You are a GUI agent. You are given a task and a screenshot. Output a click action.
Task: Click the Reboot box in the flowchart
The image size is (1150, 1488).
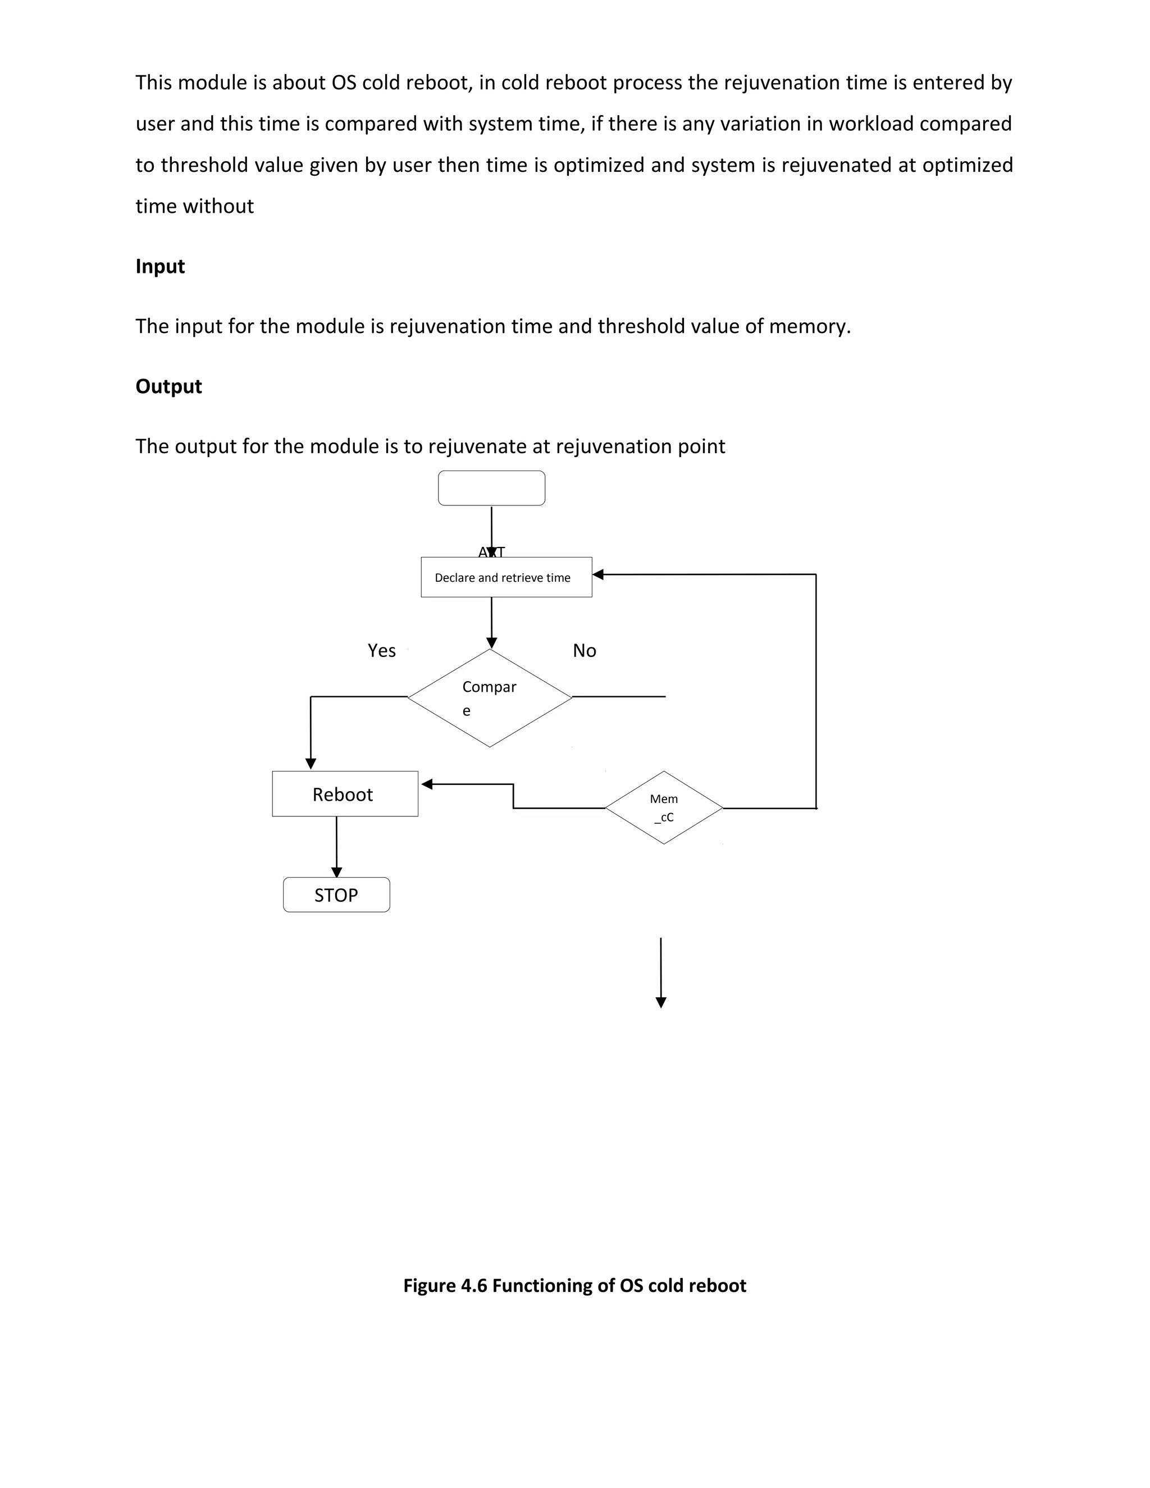(345, 794)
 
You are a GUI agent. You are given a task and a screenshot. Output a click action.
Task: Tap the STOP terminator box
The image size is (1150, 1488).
(336, 894)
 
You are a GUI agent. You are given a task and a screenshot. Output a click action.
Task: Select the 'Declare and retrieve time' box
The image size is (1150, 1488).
(506, 577)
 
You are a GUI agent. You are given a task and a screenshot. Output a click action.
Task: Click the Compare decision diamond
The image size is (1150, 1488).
(490, 697)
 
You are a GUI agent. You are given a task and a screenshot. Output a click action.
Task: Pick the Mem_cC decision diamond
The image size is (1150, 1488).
(664, 808)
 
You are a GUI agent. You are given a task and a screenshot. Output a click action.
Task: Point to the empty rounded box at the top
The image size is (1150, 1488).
(491, 488)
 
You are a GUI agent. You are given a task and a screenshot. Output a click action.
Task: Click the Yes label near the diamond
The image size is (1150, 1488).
(381, 651)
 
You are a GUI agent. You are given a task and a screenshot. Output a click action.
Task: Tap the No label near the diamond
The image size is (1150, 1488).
(585, 651)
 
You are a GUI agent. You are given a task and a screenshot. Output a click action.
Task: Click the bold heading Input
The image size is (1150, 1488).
(160, 266)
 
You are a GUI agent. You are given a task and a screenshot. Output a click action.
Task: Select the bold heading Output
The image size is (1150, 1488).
(168, 386)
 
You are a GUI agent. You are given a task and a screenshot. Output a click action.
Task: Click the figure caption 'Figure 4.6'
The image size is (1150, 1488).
(574, 1286)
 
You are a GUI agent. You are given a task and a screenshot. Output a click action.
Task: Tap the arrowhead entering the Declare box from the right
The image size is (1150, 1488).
(598, 574)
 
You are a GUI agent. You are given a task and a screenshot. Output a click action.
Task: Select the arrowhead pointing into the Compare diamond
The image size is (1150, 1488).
(491, 642)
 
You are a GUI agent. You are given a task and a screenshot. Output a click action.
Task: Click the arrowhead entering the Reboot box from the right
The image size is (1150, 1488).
(427, 784)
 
